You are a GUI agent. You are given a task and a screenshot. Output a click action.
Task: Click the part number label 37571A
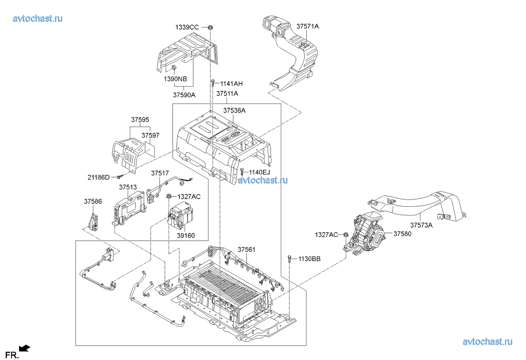[x=307, y=26]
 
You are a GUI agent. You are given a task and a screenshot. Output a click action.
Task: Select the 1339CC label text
[x=187, y=27]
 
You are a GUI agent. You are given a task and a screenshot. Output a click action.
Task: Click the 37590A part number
[x=184, y=95]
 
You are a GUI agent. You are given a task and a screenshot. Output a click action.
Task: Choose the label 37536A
[x=234, y=110]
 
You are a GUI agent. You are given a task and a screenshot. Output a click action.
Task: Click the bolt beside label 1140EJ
[x=242, y=172]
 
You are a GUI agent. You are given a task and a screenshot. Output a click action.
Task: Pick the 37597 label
[x=150, y=135]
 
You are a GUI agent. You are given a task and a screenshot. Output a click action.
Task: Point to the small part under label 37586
[x=93, y=221]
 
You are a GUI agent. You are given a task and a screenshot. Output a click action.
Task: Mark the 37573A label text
[x=421, y=225]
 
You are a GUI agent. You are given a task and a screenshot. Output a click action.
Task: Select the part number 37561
[x=246, y=250]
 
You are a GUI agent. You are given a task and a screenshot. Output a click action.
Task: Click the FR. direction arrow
[x=25, y=349]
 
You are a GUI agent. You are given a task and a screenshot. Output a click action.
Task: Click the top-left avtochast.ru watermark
[x=38, y=18]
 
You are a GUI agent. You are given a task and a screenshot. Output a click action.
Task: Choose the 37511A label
[x=227, y=93]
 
